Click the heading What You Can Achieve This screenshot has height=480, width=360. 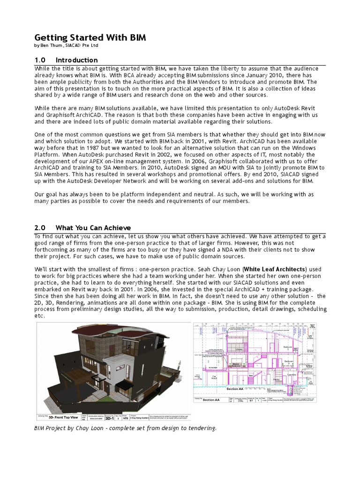pyautogui.click(x=93, y=228)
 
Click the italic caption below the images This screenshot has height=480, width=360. pyautogui.click(x=125, y=428)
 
